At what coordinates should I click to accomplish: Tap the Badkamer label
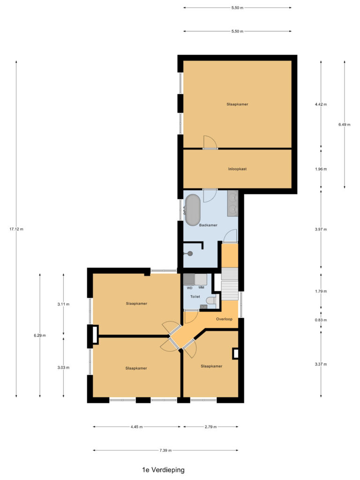point(208,225)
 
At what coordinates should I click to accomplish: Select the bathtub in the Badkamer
point(193,210)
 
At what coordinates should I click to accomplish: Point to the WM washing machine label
point(202,287)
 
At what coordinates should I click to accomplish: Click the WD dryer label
point(189,287)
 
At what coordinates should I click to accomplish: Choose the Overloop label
point(224,319)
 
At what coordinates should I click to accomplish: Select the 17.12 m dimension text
point(16,229)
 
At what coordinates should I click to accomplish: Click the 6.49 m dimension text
point(345,124)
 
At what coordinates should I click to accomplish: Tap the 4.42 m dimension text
point(321,104)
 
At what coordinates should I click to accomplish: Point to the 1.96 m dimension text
point(321,169)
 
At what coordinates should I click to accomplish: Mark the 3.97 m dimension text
point(321,229)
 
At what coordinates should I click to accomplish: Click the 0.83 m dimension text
point(321,320)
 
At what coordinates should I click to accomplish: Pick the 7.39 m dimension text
point(165,450)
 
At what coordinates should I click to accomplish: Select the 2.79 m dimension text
point(210,427)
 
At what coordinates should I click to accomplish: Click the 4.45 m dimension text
point(136,427)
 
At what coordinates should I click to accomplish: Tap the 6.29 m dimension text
point(40,335)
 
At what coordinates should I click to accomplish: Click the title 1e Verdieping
point(164,469)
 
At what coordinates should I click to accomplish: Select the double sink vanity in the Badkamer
point(232,203)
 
